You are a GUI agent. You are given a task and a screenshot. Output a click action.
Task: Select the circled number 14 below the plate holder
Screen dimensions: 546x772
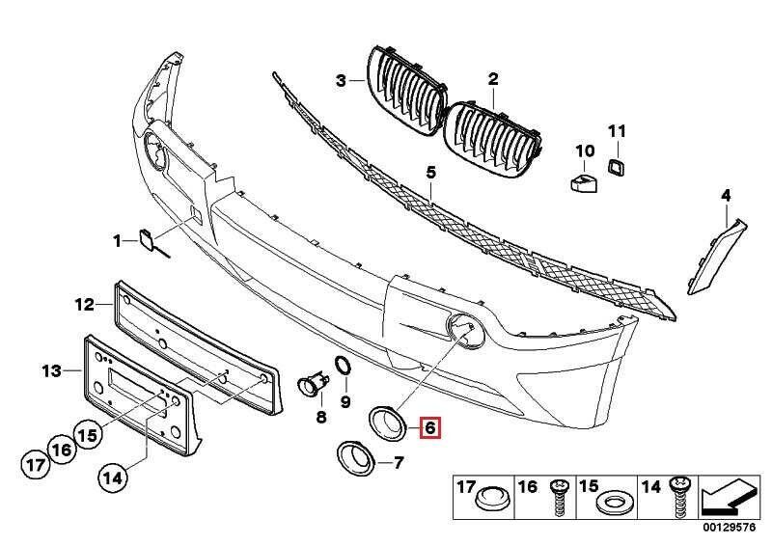[x=113, y=475]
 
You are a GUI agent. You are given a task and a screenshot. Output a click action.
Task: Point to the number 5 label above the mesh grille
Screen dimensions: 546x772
[x=431, y=171]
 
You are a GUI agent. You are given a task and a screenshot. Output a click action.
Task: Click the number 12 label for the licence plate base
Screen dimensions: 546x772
[x=85, y=305]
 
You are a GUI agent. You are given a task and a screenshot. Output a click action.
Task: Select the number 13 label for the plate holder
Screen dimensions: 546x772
[x=51, y=369]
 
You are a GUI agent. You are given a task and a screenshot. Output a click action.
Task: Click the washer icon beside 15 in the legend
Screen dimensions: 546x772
[x=614, y=504]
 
